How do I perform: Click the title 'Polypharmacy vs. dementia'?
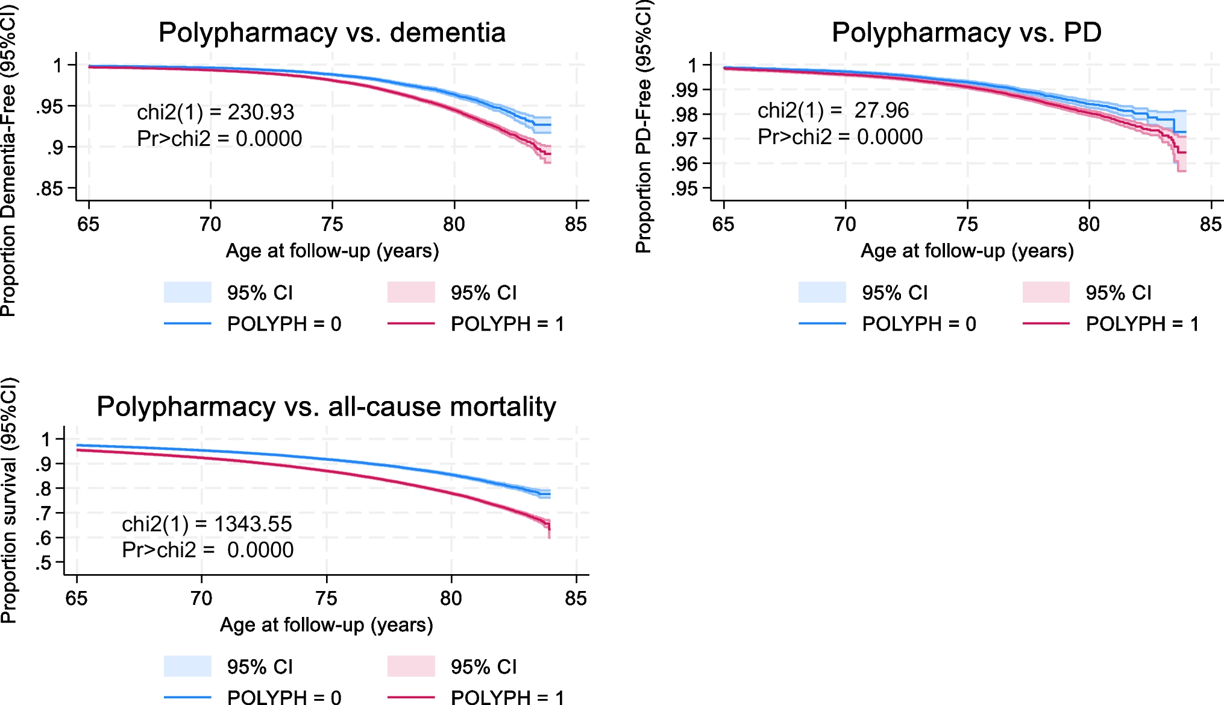click(x=331, y=33)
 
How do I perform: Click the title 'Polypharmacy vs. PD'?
click(x=966, y=33)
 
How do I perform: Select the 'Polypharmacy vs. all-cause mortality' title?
click(x=326, y=406)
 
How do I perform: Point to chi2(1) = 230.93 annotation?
click(x=215, y=112)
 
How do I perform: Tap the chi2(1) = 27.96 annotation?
click(x=833, y=110)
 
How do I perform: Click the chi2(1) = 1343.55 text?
click(x=207, y=524)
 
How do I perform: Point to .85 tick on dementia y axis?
click(x=49, y=189)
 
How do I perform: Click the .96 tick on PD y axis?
click(x=684, y=164)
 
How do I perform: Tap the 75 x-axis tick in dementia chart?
click(x=332, y=224)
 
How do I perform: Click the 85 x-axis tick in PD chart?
click(x=1210, y=224)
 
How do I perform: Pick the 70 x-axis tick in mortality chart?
click(x=201, y=598)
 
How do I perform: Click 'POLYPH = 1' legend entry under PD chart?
click(x=1142, y=324)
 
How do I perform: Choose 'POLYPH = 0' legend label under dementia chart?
click(x=284, y=324)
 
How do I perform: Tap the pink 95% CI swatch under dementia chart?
click(x=411, y=292)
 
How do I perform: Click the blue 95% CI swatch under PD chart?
click(x=822, y=292)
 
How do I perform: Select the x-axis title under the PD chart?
click(x=967, y=251)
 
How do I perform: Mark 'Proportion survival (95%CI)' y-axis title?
click(x=8, y=501)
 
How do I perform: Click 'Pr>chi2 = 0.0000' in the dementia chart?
click(x=219, y=139)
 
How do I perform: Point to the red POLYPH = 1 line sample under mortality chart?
click(x=411, y=698)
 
